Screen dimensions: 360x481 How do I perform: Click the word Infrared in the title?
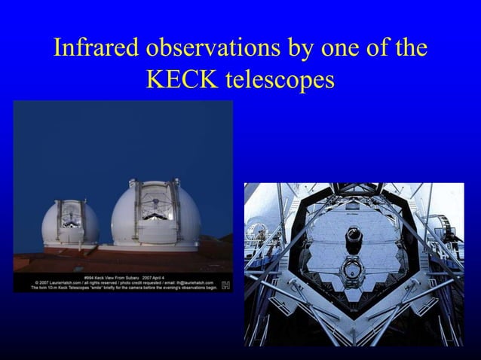click(x=95, y=49)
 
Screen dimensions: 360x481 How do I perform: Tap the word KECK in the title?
click(x=182, y=79)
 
